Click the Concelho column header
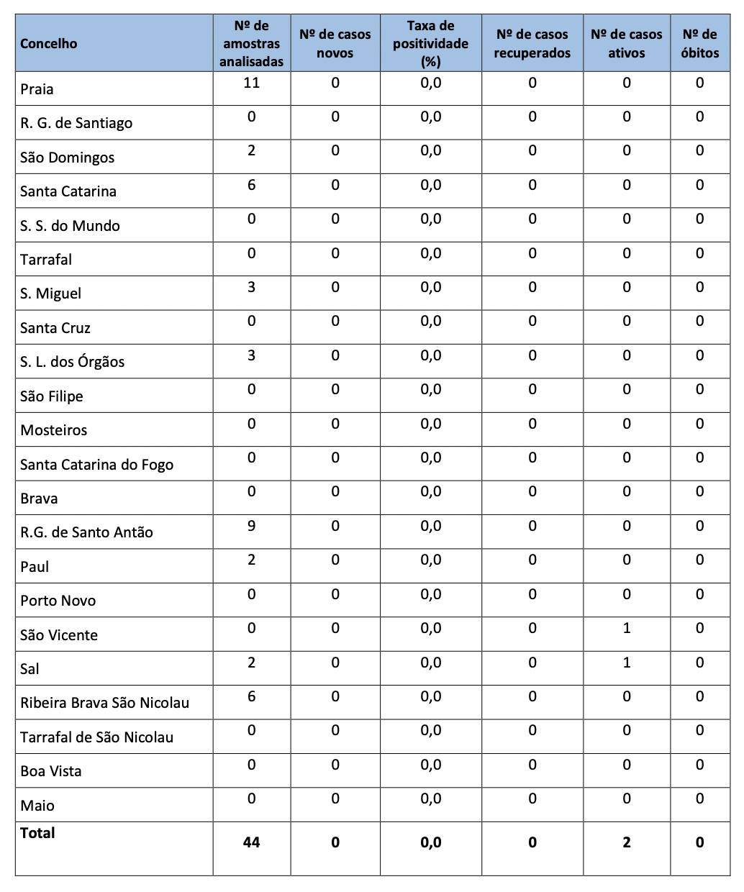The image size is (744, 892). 49,44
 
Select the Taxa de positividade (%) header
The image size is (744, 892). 430,44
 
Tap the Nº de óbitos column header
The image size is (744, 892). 699,44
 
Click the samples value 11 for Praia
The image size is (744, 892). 251,83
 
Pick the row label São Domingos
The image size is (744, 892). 68,158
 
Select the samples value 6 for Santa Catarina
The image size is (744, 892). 251,186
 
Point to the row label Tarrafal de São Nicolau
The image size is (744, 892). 97,737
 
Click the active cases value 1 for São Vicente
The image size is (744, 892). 626,628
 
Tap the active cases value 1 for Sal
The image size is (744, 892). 626,663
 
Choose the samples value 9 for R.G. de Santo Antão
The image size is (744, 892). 251,526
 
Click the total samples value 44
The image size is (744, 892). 251,842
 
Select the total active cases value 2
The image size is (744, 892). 626,842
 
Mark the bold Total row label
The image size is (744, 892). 37,833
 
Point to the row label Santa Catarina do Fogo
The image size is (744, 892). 97,465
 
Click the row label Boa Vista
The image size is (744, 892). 51,771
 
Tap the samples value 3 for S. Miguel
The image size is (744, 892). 251,288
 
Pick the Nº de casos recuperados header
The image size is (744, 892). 532,44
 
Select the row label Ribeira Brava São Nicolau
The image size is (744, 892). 105,703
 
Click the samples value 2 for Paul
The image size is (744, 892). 251,560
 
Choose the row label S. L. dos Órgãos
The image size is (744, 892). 73,362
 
